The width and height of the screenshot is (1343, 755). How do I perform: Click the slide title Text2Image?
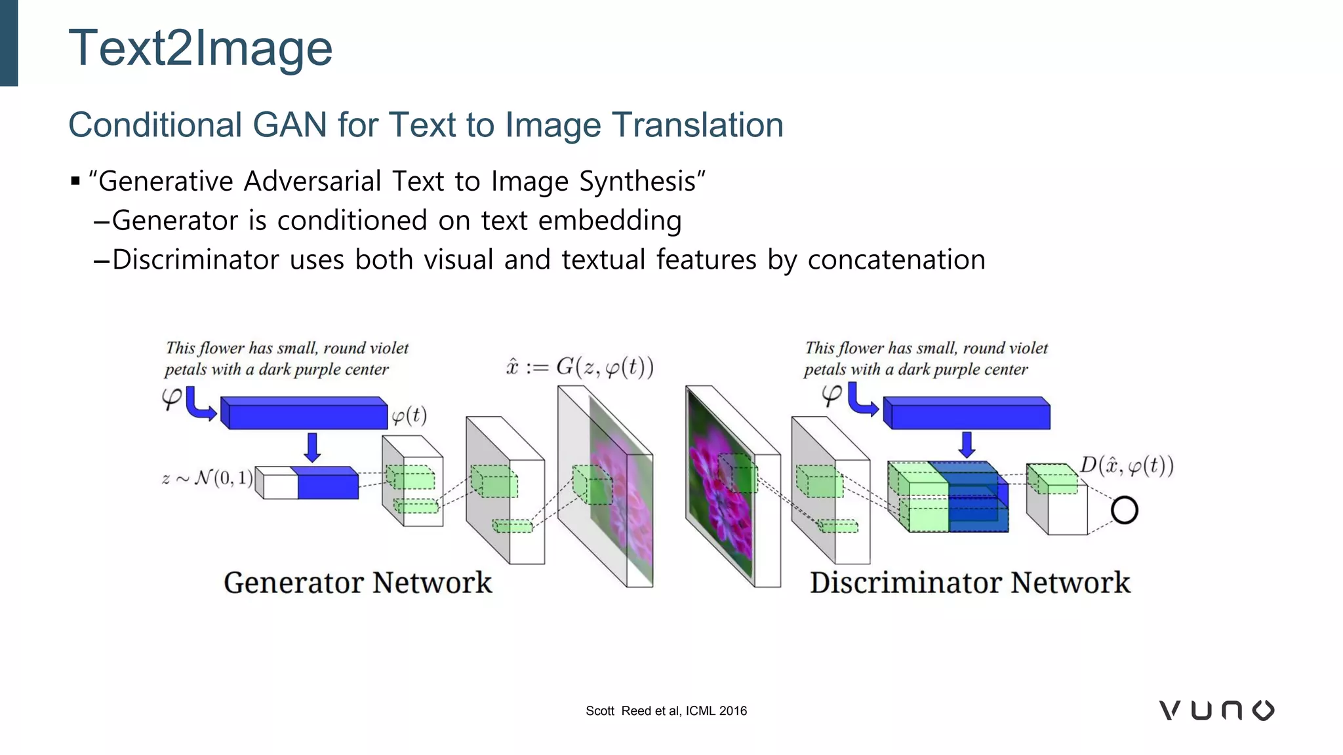[x=200, y=48]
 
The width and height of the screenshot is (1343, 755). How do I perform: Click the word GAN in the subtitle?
[x=289, y=125]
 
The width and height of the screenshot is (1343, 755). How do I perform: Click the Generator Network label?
[x=357, y=583]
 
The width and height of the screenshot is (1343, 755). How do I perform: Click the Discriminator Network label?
[x=970, y=583]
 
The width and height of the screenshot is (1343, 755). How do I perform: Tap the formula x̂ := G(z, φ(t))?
[x=580, y=366]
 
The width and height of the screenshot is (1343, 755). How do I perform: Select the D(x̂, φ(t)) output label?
[x=1127, y=466]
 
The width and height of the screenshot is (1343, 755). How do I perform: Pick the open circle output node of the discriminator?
[x=1124, y=511]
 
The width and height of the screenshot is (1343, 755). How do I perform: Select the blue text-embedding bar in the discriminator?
[x=967, y=414]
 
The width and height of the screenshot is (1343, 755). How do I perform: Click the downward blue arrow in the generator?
[x=312, y=447]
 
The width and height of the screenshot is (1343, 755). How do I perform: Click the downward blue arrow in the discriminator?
[x=967, y=444]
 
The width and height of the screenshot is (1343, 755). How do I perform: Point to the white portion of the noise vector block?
[x=278, y=485]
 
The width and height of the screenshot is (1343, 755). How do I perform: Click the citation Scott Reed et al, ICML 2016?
[x=666, y=711]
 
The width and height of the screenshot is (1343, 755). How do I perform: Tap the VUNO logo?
[x=1216, y=710]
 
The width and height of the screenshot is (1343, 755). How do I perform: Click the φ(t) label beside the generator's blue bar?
[x=409, y=416]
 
